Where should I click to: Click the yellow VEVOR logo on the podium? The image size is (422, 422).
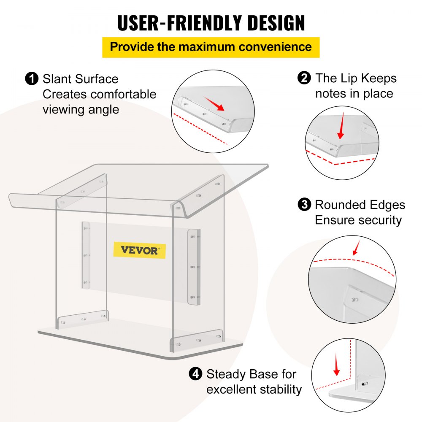point(140,250)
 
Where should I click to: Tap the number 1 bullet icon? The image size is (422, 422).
point(31,79)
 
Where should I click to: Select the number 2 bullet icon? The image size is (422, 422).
point(304,78)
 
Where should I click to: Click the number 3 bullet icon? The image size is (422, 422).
point(303,205)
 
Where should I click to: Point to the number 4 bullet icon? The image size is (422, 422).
point(195,374)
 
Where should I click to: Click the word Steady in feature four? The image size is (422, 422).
point(226,374)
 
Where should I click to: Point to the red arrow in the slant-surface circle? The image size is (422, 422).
point(215,104)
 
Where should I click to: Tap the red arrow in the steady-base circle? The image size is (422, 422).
point(336,365)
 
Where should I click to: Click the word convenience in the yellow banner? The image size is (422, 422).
point(275,46)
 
